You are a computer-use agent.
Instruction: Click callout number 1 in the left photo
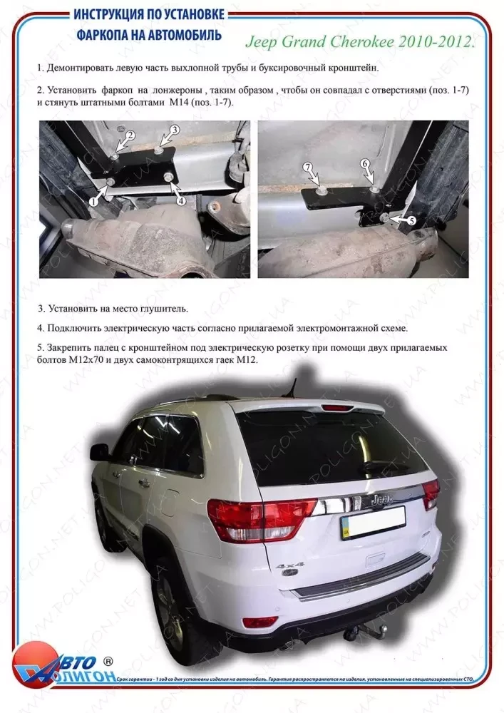click(x=93, y=202)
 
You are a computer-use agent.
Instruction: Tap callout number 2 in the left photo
click(x=130, y=135)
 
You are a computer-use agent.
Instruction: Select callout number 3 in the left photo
click(x=174, y=129)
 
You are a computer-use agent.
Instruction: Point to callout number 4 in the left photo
click(x=181, y=201)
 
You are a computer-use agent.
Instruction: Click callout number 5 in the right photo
click(x=411, y=222)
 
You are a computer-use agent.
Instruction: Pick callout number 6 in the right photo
click(x=365, y=163)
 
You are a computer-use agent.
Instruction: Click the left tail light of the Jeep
click(x=260, y=518)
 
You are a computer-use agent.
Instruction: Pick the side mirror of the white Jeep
click(x=99, y=451)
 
